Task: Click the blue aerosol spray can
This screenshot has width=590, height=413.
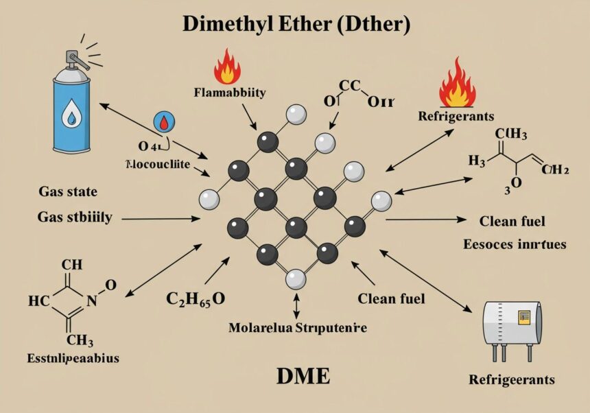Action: point(71,110)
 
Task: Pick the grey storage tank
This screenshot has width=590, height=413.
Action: point(507,323)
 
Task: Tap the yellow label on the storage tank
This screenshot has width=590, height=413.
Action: point(525,317)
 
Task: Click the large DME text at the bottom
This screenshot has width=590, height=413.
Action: point(303,376)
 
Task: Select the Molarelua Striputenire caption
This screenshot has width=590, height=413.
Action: point(297,327)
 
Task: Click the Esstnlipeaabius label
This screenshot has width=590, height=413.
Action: point(64,357)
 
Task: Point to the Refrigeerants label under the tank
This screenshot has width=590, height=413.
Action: point(511,379)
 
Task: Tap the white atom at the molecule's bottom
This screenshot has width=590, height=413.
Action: point(296,279)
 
